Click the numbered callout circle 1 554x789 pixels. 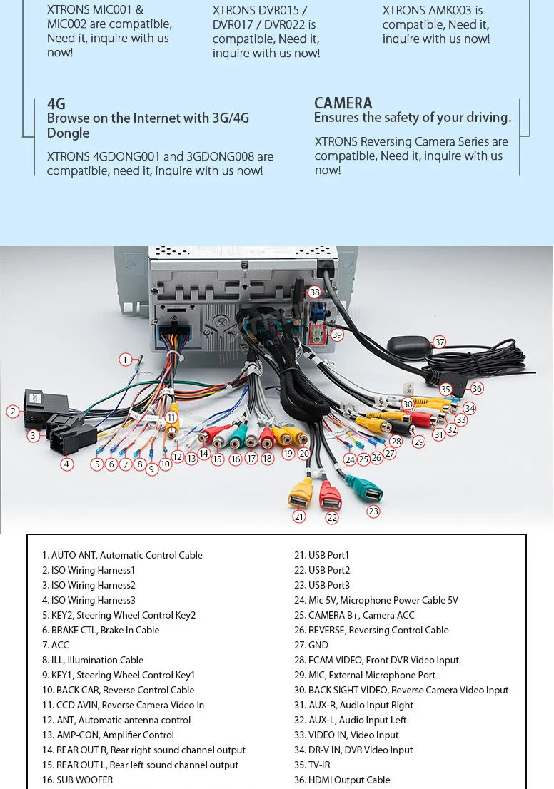coord(126,360)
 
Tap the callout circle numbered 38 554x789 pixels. coord(314,292)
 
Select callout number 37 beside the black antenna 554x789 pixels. coord(440,342)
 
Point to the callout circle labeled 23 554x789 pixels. coord(373,511)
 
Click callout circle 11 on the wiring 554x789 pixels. coord(171,418)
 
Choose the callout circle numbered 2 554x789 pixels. coord(12,411)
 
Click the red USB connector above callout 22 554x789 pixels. coord(331,495)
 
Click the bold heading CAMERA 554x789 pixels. coord(343,103)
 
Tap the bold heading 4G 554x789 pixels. coord(56,104)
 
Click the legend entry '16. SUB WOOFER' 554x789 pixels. coord(77,780)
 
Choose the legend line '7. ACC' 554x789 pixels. coord(56,645)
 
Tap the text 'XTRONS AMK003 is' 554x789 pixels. coord(433,11)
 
